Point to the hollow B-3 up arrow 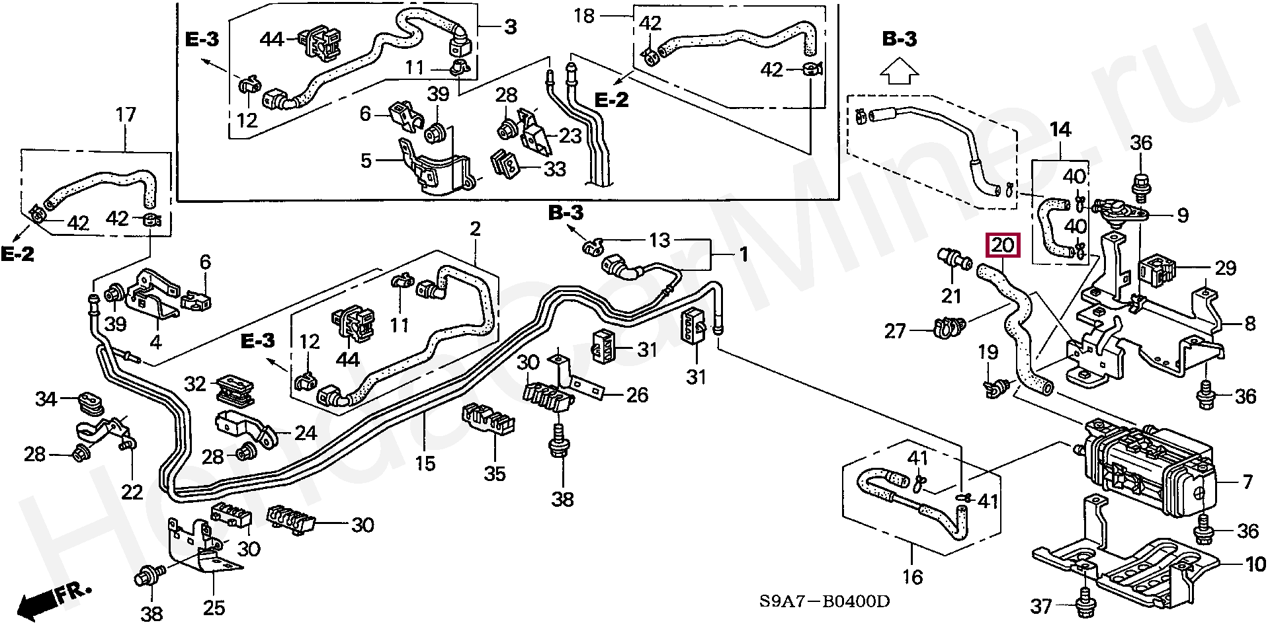[899, 71]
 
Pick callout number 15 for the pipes [425, 463]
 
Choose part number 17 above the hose [125, 115]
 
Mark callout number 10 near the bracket [1255, 564]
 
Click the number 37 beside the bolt [1040, 606]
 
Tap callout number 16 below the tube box [912, 577]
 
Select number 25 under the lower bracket [214, 607]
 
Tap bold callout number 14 [1060, 130]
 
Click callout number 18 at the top [585, 16]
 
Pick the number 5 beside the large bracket [366, 161]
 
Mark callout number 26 [636, 396]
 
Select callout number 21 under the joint [951, 297]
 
